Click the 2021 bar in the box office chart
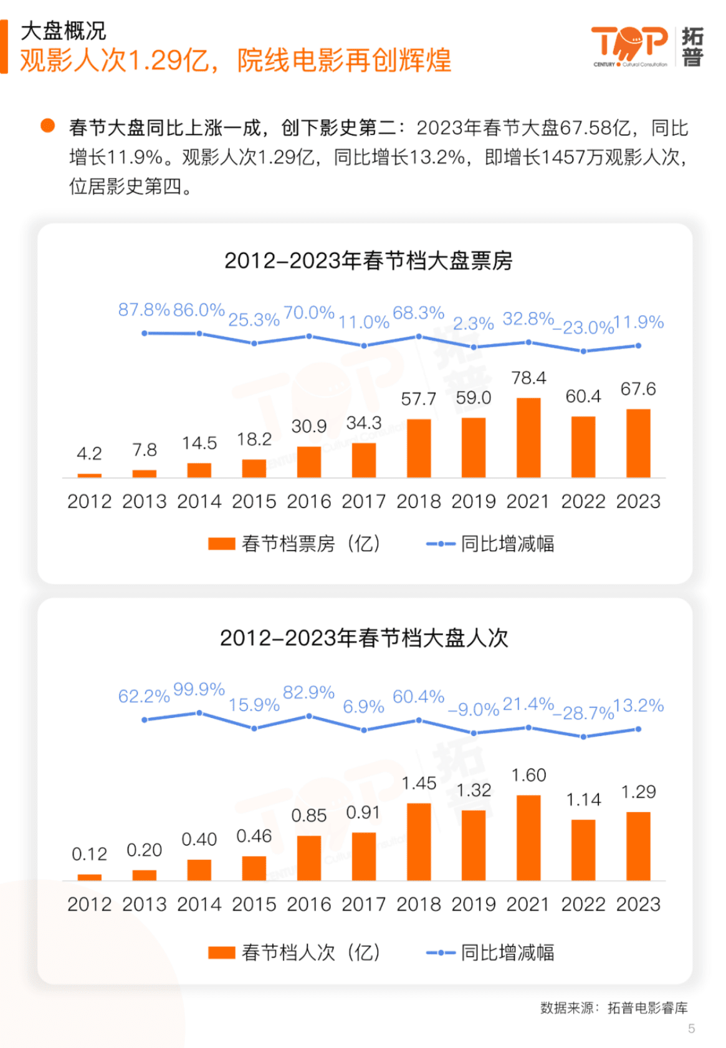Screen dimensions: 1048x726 [x=528, y=437]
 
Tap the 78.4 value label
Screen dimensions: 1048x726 [x=528, y=378]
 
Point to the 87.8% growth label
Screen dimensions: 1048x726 [x=144, y=309]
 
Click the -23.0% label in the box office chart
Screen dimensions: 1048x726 [x=583, y=328]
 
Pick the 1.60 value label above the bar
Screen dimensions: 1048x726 [x=528, y=775]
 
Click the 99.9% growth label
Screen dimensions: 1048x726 [x=199, y=689]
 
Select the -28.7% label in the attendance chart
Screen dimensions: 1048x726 [x=583, y=713]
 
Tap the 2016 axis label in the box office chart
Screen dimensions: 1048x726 [x=308, y=501]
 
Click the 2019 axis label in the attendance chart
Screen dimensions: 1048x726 [x=474, y=904]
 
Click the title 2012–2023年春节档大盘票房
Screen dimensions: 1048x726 [x=368, y=260]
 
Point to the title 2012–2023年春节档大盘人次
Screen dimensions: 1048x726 [x=364, y=638]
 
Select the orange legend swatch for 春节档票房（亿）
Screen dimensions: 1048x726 [x=221, y=544]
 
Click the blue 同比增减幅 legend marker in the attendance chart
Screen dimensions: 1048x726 [x=441, y=953]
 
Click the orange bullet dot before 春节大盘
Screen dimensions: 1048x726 [x=47, y=126]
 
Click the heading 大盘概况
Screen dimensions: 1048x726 [x=63, y=31]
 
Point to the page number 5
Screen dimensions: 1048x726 [x=691, y=1029]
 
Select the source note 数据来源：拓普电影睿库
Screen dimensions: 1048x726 [x=614, y=1008]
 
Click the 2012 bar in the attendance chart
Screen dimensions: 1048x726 [x=89, y=877]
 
